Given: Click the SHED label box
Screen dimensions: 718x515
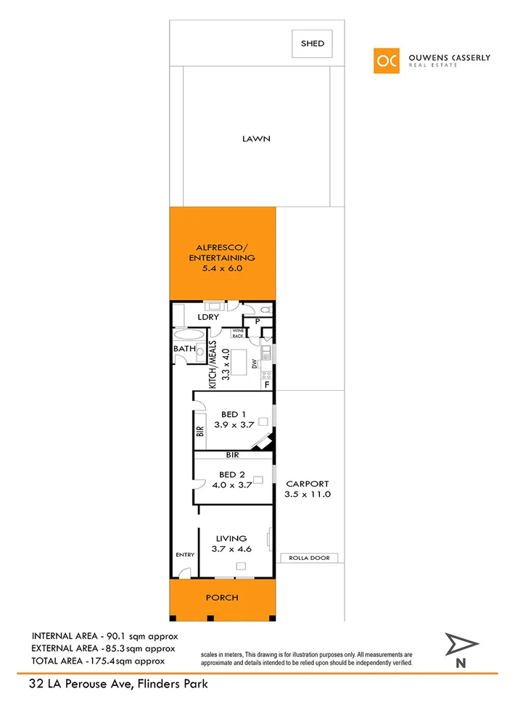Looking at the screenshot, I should click(x=313, y=44).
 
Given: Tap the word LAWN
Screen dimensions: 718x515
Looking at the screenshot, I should click(x=257, y=139).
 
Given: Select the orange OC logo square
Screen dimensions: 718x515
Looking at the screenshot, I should click(x=387, y=60).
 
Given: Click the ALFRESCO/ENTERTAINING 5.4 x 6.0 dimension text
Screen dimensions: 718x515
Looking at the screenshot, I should click(x=222, y=268).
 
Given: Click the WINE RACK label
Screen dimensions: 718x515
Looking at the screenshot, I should click(x=237, y=334).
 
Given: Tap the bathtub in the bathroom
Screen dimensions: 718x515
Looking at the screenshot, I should click(x=189, y=334).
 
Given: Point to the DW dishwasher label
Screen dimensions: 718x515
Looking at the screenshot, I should click(x=255, y=363).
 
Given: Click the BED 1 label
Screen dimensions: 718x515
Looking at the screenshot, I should click(x=233, y=414).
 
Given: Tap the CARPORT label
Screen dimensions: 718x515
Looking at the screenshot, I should click(x=308, y=484).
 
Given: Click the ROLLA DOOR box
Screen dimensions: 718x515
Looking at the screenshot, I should click(x=309, y=558).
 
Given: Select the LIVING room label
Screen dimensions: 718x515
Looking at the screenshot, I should click(x=231, y=539).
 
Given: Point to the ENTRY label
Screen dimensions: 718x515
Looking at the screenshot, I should click(x=185, y=555).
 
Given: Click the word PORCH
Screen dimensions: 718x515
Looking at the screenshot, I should click(x=223, y=598).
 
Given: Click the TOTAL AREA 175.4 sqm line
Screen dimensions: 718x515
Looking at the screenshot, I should click(x=98, y=661).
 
